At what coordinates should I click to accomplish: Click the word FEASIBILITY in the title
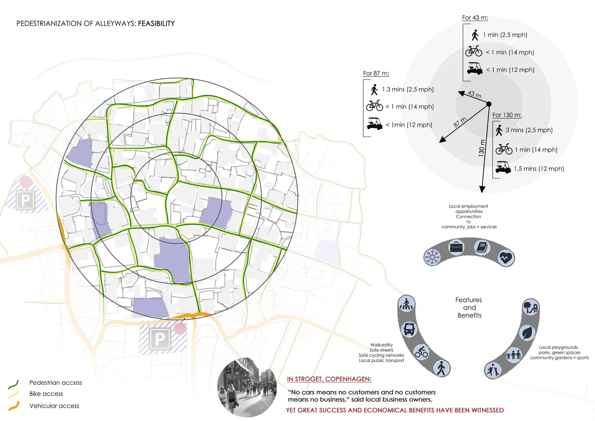point(156,24)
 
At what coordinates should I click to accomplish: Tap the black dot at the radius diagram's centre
point(489,104)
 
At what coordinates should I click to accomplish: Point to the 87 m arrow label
point(460,122)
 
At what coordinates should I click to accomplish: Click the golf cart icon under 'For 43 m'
point(475,68)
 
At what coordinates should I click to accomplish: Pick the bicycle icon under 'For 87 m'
point(374,106)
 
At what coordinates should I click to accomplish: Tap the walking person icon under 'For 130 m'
point(499,130)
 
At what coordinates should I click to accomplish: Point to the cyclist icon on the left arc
point(421,353)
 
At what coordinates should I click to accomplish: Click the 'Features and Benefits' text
point(469,308)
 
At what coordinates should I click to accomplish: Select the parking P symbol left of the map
point(25,200)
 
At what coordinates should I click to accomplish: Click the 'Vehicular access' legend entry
point(54,406)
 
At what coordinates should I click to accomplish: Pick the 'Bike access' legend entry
point(46,394)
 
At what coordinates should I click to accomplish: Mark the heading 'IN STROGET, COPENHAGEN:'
point(329,379)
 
